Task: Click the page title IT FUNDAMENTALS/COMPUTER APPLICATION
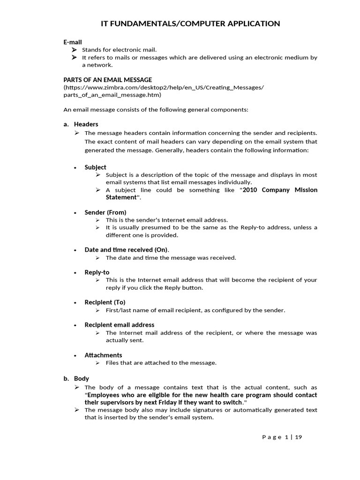pos(190,23)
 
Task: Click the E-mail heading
pos(73,42)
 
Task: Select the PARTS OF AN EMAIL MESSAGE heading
pos(107,80)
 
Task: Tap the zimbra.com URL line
pos(164,87)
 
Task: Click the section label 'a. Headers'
pos(81,124)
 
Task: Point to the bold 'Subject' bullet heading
pos(95,167)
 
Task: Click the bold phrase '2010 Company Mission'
pos(280,190)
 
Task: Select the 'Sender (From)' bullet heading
pos(105,212)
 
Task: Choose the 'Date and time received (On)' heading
pos(126,249)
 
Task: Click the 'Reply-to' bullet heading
pos(97,272)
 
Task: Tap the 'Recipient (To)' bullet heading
pos(105,302)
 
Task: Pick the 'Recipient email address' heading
pos(119,324)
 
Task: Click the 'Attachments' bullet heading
pos(103,355)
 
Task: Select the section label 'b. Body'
pos(76,378)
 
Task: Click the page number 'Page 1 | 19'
pos(282,437)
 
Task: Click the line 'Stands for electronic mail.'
pos(119,50)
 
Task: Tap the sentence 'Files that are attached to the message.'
pos(161,362)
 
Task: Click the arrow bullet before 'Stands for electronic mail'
pos(74,50)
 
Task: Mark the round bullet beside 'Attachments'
pos(75,355)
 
